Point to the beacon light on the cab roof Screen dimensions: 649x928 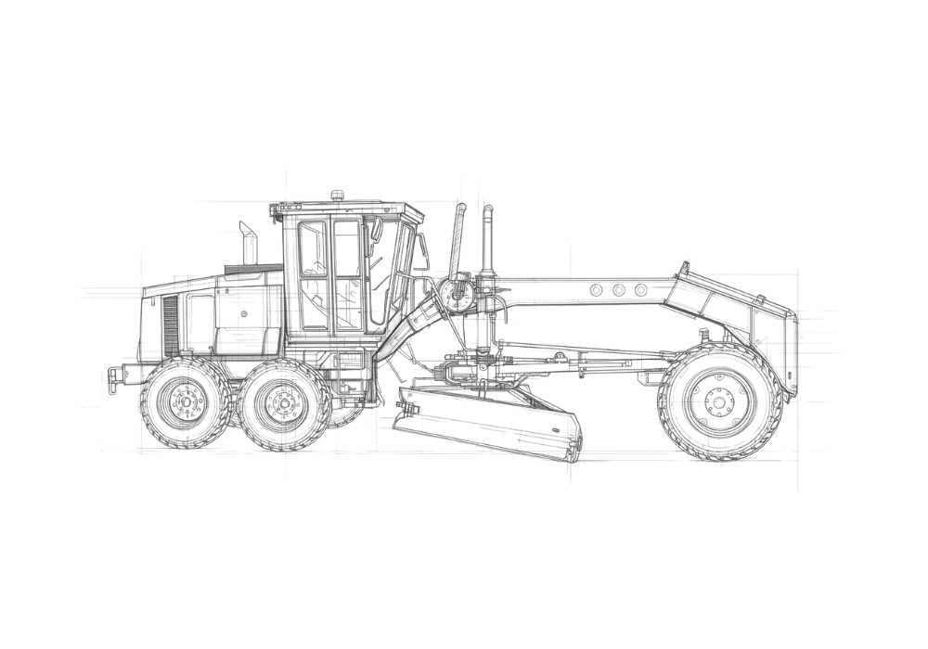pyautogui.click(x=337, y=195)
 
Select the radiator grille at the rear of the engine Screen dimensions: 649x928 pyautogui.click(x=169, y=324)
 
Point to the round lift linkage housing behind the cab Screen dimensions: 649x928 pyautogui.click(x=455, y=297)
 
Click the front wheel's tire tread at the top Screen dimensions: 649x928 pyautogui.click(x=716, y=349)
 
